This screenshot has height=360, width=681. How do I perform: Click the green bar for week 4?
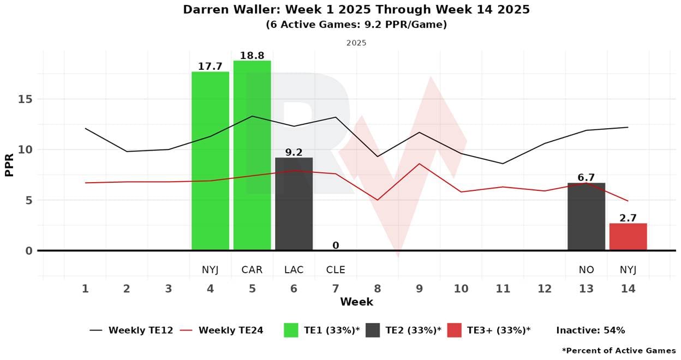pos(210,161)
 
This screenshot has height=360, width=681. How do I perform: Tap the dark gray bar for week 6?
pos(294,204)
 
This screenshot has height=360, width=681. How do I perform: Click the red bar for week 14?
pos(628,237)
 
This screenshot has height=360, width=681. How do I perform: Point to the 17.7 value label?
pos(210,67)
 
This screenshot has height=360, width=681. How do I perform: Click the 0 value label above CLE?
pos(336,245)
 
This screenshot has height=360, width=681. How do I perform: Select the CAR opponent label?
pos(252,270)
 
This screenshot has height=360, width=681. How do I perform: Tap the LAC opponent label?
pos(294,270)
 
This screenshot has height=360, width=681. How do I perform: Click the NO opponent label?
pos(587,270)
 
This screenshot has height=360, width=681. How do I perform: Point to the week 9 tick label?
pos(419,289)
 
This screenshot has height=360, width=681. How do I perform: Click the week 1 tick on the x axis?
pos(85,289)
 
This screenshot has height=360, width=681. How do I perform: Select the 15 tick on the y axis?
pos(25,99)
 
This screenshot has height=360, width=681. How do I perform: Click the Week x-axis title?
pos(356,302)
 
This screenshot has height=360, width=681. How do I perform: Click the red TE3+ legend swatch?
pos(454,330)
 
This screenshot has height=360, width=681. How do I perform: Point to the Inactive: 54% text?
pos(590,330)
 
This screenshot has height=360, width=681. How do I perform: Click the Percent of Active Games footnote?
pos(619,350)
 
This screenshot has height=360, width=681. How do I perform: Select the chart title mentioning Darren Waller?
pos(356,10)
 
